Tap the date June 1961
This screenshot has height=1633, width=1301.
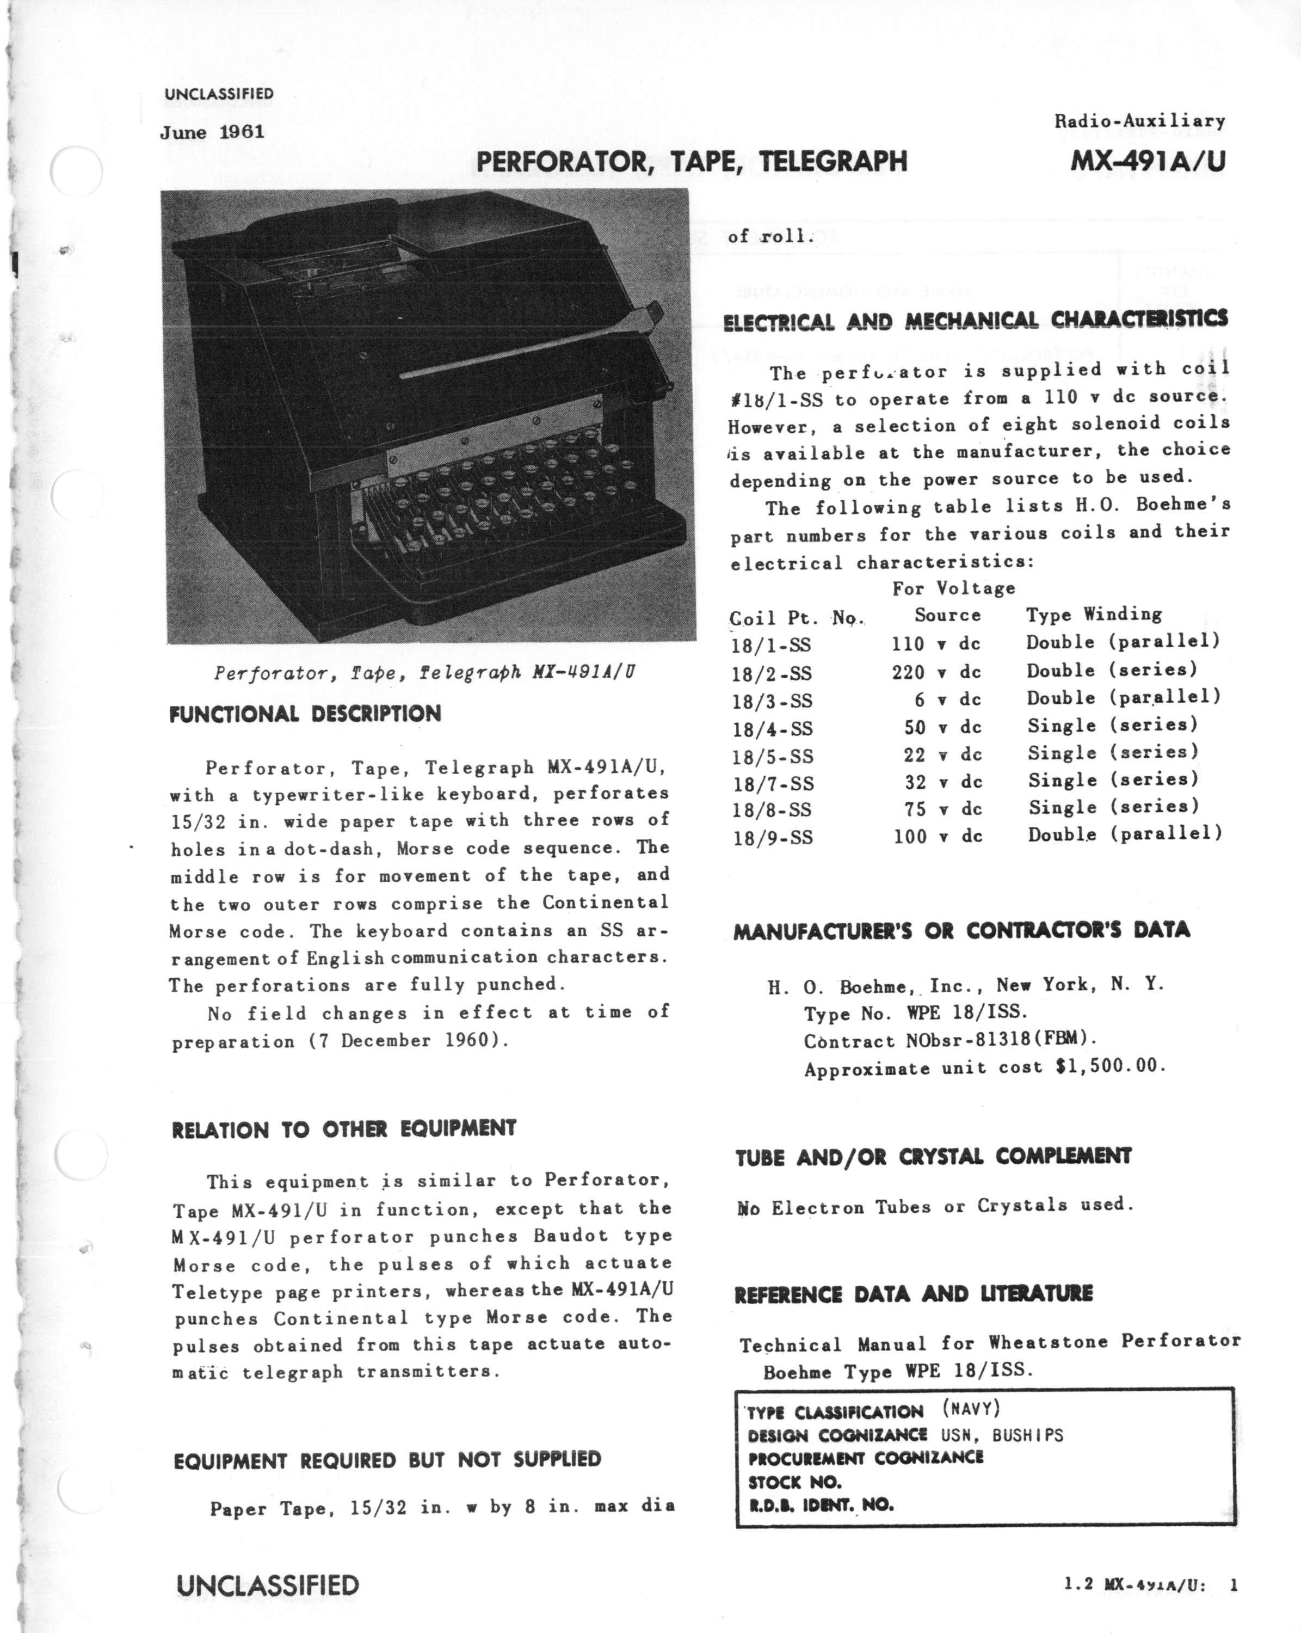pos(212,133)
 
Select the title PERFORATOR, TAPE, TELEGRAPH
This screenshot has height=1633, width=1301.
pos(692,161)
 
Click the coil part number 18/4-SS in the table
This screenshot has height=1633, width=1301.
pos(772,729)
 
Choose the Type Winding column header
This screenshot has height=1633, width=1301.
pos(1094,614)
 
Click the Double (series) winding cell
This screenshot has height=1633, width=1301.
pos(1112,670)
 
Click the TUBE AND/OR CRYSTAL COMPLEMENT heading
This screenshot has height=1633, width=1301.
pos(933,1157)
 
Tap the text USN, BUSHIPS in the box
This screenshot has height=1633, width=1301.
pos(1002,1434)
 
